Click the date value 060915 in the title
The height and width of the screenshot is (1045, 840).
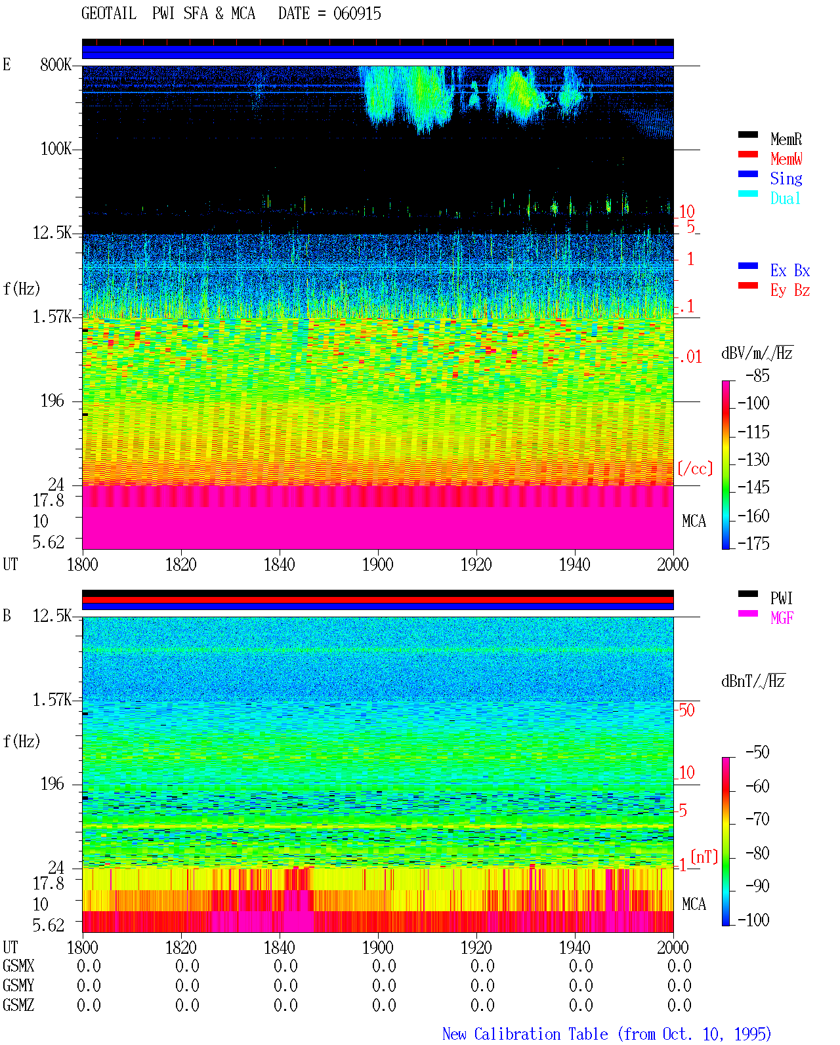(x=357, y=14)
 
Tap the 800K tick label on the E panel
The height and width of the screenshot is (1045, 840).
(x=56, y=64)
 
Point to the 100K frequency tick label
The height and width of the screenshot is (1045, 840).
(x=56, y=149)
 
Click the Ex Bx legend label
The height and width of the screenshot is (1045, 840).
(x=790, y=270)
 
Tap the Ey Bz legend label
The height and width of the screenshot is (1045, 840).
(x=790, y=291)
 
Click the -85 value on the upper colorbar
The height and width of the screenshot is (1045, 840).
(x=757, y=375)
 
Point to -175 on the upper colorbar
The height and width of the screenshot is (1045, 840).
(x=753, y=543)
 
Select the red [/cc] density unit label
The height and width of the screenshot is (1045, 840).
(x=695, y=468)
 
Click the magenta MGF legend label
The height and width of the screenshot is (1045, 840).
(x=782, y=618)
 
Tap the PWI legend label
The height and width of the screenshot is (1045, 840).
(x=781, y=598)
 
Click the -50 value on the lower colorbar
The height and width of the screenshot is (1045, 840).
(x=757, y=752)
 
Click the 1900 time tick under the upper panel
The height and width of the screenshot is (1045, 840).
(x=377, y=564)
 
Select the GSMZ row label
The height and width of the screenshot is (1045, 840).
(x=18, y=1005)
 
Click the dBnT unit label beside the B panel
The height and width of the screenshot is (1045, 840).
(x=753, y=682)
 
